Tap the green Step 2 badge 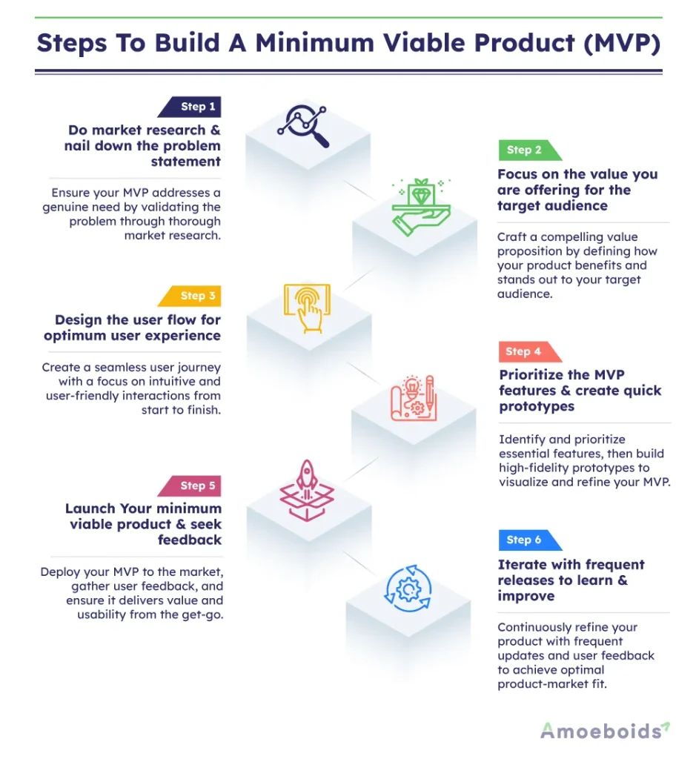[528, 150]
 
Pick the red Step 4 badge [528, 351]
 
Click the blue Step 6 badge [528, 540]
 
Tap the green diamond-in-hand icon [421, 207]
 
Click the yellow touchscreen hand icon [308, 308]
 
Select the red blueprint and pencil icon [414, 398]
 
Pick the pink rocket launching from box [307, 491]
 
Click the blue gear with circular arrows [408, 589]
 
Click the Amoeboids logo [605, 730]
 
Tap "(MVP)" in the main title [622, 43]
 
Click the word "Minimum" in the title [314, 42]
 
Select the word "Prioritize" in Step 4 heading [531, 375]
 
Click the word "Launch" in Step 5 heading [90, 508]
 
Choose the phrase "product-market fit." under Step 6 [552, 684]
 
